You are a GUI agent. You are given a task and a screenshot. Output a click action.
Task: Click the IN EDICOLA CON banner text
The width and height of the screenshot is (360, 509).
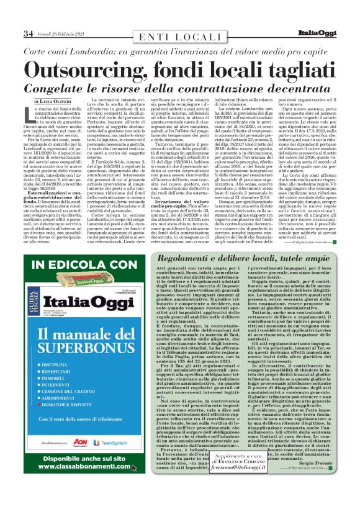pyautogui.click(x=83, y=265)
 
